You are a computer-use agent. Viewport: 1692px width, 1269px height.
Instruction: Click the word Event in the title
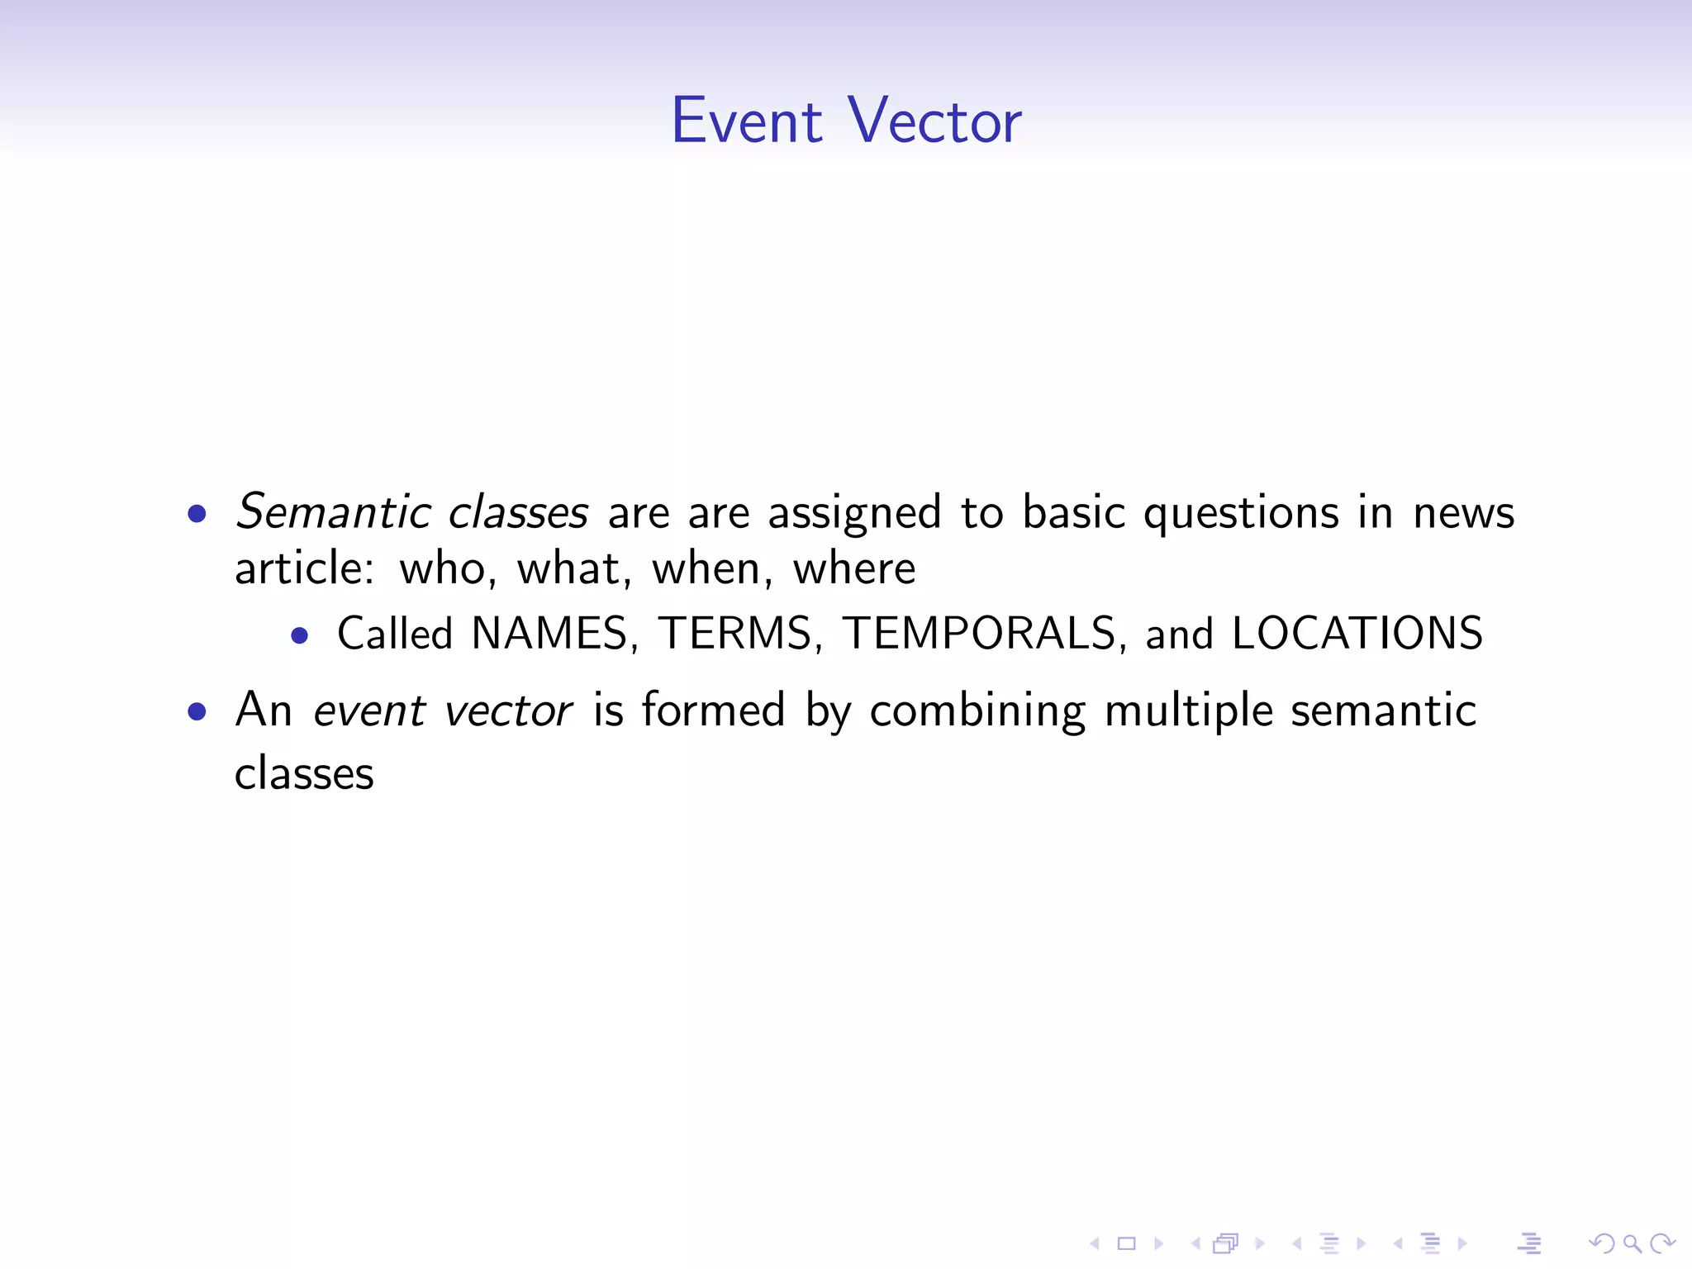(x=746, y=121)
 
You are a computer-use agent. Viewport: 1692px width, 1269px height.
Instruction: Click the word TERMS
(x=735, y=634)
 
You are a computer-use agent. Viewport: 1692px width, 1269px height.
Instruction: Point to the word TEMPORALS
(x=980, y=634)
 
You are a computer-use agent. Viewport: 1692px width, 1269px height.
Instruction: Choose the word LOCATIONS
(x=1357, y=634)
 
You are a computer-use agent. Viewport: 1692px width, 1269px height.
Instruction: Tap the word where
(x=854, y=570)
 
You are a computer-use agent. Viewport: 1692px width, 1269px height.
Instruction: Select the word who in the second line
(x=443, y=570)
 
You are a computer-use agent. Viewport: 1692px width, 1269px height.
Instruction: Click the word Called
(x=395, y=634)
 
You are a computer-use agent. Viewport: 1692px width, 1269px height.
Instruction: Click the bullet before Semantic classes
(x=197, y=515)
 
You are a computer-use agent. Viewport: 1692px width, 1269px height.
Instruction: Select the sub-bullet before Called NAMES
(x=300, y=635)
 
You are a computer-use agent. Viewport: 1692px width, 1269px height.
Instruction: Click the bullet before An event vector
(x=197, y=711)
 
